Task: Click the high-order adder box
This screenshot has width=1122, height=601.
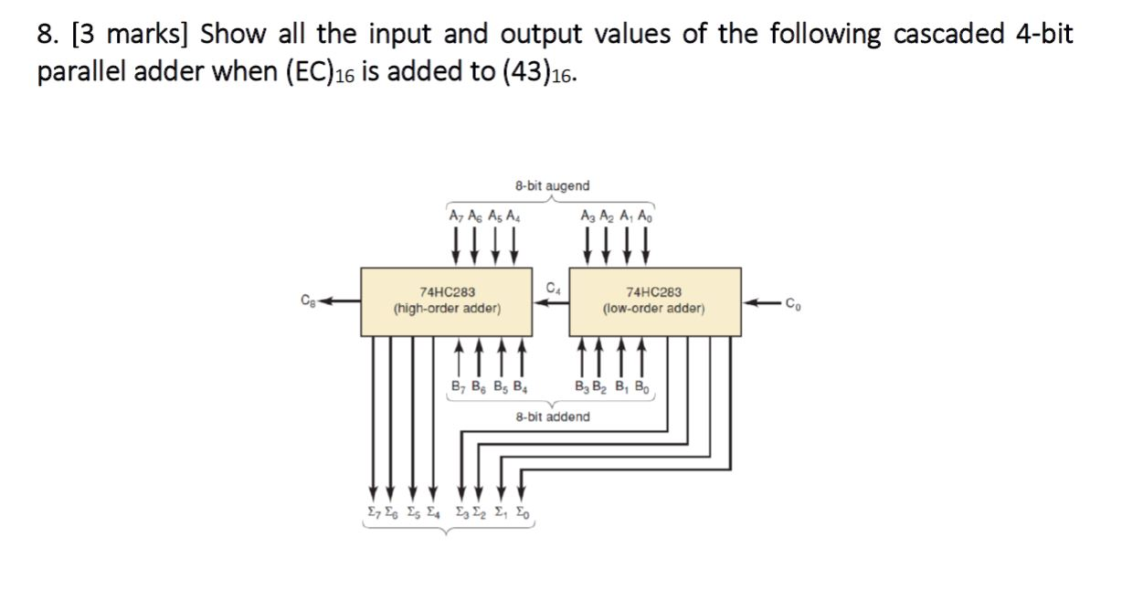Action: (447, 301)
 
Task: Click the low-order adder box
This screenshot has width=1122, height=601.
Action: (654, 301)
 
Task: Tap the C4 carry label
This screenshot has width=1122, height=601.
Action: (551, 290)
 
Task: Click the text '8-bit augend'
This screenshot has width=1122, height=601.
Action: (552, 185)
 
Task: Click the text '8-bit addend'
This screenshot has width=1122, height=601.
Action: (552, 416)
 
